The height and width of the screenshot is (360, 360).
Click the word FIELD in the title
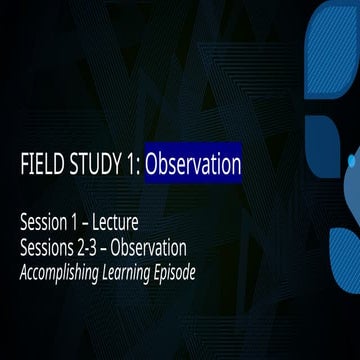point(38,164)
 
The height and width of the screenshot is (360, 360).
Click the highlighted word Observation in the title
point(193,164)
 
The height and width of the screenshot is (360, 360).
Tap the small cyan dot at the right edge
point(352,160)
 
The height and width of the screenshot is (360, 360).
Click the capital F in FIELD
point(24,164)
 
